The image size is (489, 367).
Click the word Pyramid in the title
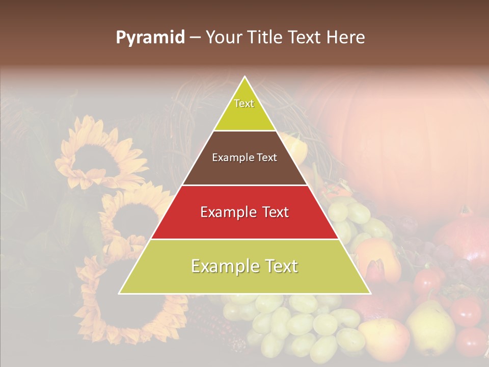point(150,38)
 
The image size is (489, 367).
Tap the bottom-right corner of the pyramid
point(370,293)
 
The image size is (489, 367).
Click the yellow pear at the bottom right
point(430,326)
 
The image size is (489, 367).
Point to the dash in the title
point(195,38)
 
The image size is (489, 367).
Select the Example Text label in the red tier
point(244,212)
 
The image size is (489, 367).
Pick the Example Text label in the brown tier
point(244,158)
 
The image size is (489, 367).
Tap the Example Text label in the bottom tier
point(244,266)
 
